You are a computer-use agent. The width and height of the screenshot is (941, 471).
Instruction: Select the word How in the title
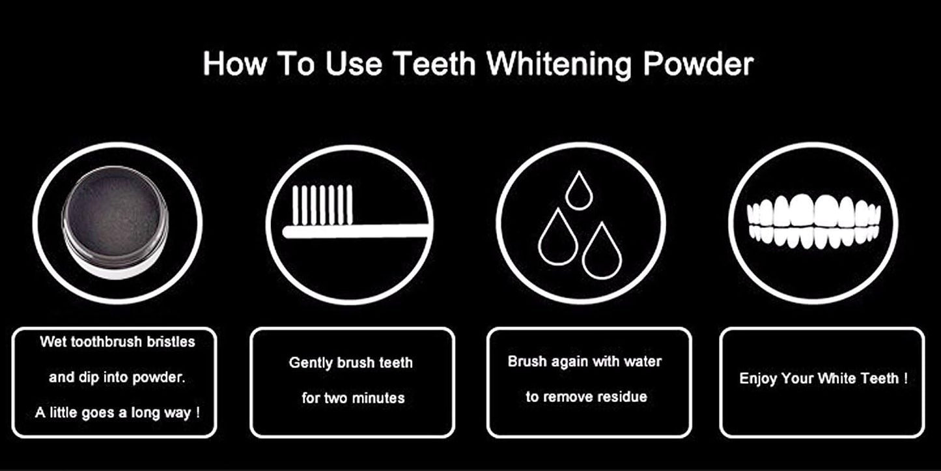pos(234,64)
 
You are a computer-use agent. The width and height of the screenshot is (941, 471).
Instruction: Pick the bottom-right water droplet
pos(602,251)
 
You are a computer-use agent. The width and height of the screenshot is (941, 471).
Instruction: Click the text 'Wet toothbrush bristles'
pos(117,341)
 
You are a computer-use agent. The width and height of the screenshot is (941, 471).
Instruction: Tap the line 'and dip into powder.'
pos(117,377)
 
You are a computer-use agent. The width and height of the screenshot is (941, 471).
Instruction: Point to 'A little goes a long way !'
pos(117,413)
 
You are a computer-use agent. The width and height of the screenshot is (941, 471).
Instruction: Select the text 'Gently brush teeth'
pos(351,363)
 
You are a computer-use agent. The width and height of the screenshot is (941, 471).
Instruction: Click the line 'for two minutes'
pos(352,398)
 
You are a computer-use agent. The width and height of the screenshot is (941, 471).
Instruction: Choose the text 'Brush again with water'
pos(584,362)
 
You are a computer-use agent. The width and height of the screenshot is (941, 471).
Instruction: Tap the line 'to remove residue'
pos(586,397)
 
